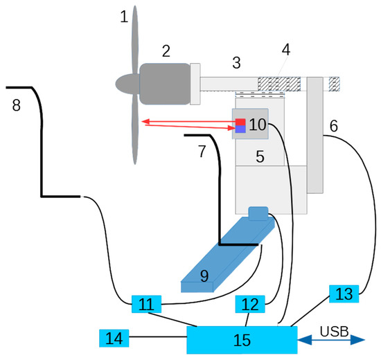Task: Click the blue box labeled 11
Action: pyautogui.click(x=146, y=303)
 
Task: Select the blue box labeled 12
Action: pyautogui.click(x=250, y=303)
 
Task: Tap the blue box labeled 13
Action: pyautogui.click(x=344, y=293)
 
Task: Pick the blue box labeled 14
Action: pyautogui.click(x=115, y=338)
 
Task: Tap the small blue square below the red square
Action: pyautogui.click(x=240, y=129)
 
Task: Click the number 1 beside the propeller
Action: pyautogui.click(x=124, y=17)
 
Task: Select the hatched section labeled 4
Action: pyautogui.click(x=278, y=84)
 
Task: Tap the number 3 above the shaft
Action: pyautogui.click(x=236, y=63)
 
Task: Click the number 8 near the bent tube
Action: pyautogui.click(x=17, y=105)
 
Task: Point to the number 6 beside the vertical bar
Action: pyautogui.click(x=334, y=126)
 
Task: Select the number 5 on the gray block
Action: pyautogui.click(x=260, y=157)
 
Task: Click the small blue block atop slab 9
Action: pyautogui.click(x=258, y=213)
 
